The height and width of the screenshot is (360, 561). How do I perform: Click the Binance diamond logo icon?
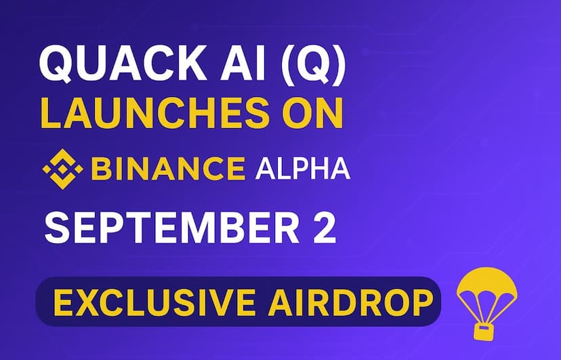coord(62,169)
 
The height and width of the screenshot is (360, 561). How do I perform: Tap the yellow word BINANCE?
coord(168,169)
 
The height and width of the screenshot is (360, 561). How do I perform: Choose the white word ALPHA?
coord(303,169)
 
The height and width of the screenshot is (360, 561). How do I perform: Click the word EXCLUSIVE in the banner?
coord(154,302)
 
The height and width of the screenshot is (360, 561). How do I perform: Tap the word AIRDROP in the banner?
coord(350,302)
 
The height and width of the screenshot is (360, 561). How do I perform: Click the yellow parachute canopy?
coord(486,285)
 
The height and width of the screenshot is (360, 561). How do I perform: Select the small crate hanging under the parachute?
coord(483,332)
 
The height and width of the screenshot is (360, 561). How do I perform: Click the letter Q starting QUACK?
coord(56,64)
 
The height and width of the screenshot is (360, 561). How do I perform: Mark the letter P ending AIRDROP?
coord(422,302)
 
